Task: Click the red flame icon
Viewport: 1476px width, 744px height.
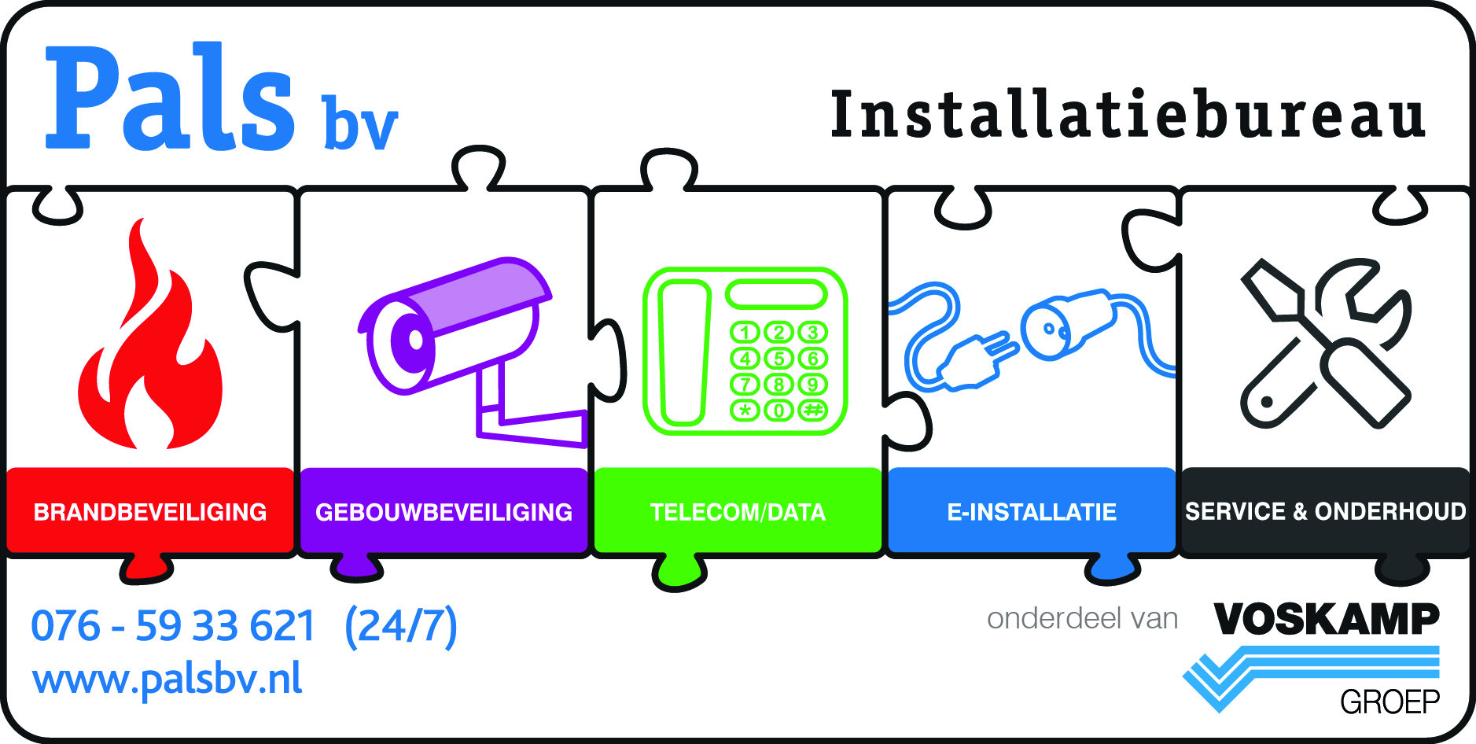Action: tap(149, 354)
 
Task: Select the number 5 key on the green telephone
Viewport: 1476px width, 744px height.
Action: tap(779, 359)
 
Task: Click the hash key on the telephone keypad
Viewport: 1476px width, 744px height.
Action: tap(813, 410)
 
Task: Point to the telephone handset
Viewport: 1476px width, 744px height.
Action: tap(683, 352)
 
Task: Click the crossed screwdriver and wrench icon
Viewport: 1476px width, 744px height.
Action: tap(1326, 344)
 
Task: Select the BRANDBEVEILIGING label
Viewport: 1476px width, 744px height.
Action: tap(150, 512)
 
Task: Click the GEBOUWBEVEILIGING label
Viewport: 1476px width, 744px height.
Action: tap(444, 512)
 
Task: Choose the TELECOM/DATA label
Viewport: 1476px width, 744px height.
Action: tap(738, 512)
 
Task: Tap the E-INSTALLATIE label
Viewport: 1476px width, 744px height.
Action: tap(1032, 512)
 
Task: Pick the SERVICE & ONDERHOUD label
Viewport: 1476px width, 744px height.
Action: tap(1326, 512)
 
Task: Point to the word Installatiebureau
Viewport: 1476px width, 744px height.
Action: tap(1128, 116)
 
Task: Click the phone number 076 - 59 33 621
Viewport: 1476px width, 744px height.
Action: tap(173, 626)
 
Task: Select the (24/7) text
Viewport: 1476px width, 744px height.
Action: tap(401, 626)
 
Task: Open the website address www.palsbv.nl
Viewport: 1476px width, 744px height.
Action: tap(167, 679)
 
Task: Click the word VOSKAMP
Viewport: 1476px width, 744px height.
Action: tap(1327, 619)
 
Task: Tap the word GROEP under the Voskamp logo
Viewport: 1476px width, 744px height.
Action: tap(1390, 702)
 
